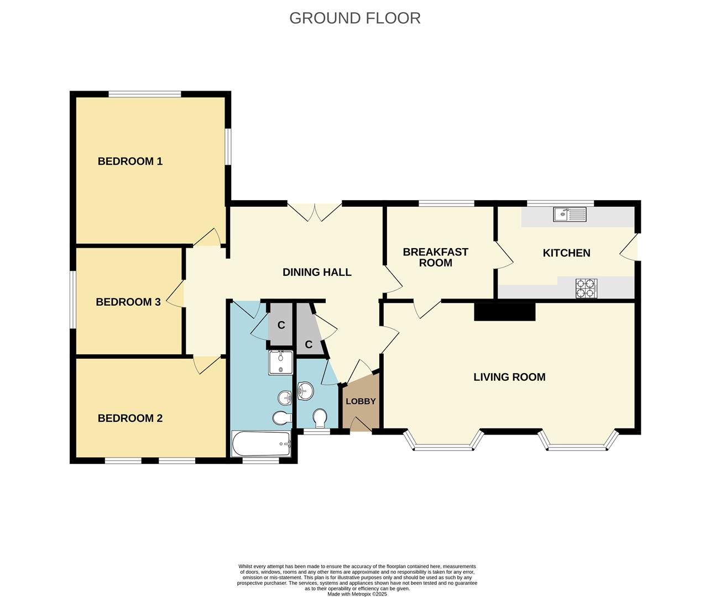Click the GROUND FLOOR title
(354, 18)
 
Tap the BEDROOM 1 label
(130, 161)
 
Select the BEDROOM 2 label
(130, 418)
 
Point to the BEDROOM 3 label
(128, 302)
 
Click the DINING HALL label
(317, 272)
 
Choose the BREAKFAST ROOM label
(435, 257)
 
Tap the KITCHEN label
(566, 253)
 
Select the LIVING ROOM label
(509, 377)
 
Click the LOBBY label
(361, 401)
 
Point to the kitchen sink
(570, 214)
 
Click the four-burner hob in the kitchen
(587, 288)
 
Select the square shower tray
(281, 362)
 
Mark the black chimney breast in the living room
(504, 312)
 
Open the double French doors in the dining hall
(315, 212)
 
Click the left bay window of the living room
(443, 443)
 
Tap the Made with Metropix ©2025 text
(357, 594)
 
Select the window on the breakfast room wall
(446, 203)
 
